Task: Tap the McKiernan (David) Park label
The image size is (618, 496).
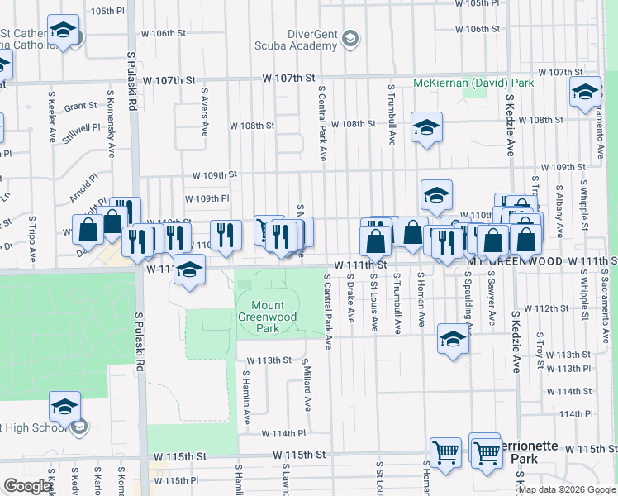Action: (473, 83)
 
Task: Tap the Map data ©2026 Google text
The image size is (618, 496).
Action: (567, 489)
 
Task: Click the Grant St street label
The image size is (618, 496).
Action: (81, 106)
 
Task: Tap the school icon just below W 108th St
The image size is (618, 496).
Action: (426, 128)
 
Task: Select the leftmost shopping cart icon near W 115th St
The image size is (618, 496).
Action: (445, 452)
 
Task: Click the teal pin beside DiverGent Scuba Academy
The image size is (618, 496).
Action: (350, 39)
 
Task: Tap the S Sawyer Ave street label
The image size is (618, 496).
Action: (492, 298)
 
